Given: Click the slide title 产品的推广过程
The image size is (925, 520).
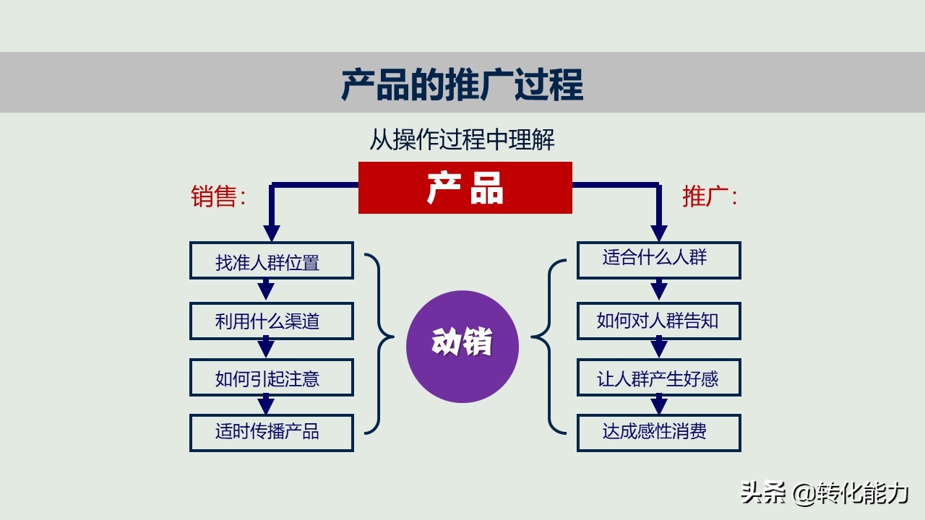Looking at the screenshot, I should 462,84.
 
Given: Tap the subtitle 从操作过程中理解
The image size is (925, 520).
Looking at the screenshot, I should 462,139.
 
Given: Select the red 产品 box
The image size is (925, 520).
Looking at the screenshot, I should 465,188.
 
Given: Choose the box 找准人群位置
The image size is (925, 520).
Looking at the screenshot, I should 271,261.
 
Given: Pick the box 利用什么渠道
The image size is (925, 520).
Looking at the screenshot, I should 271,321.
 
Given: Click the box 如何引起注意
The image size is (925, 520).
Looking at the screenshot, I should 271,378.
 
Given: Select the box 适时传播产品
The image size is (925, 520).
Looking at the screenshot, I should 271,433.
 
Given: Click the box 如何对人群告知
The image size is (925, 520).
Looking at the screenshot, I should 658,321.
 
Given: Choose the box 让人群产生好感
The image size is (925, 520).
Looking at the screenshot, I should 658,378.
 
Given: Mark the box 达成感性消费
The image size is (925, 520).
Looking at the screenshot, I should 658,433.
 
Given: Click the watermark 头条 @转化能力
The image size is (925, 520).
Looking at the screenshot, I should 824,493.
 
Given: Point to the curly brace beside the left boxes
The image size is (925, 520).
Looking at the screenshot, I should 380,342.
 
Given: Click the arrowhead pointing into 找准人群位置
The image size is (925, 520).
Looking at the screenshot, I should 271,233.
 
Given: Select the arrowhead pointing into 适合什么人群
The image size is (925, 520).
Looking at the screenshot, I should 658,233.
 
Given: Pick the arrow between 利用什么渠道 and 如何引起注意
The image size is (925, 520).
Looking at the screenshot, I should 266,348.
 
